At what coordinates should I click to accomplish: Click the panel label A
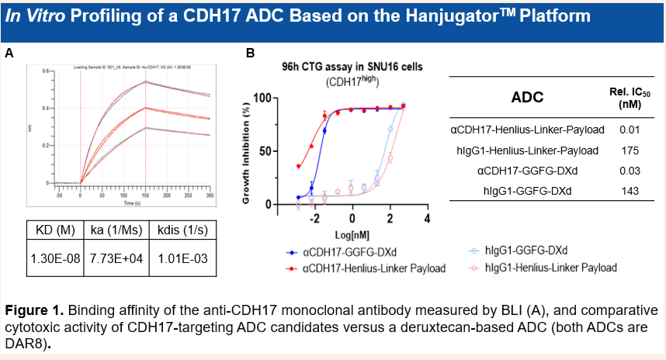tap(9, 53)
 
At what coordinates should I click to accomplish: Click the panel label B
tap(250, 53)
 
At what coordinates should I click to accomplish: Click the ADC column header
tap(527, 97)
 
